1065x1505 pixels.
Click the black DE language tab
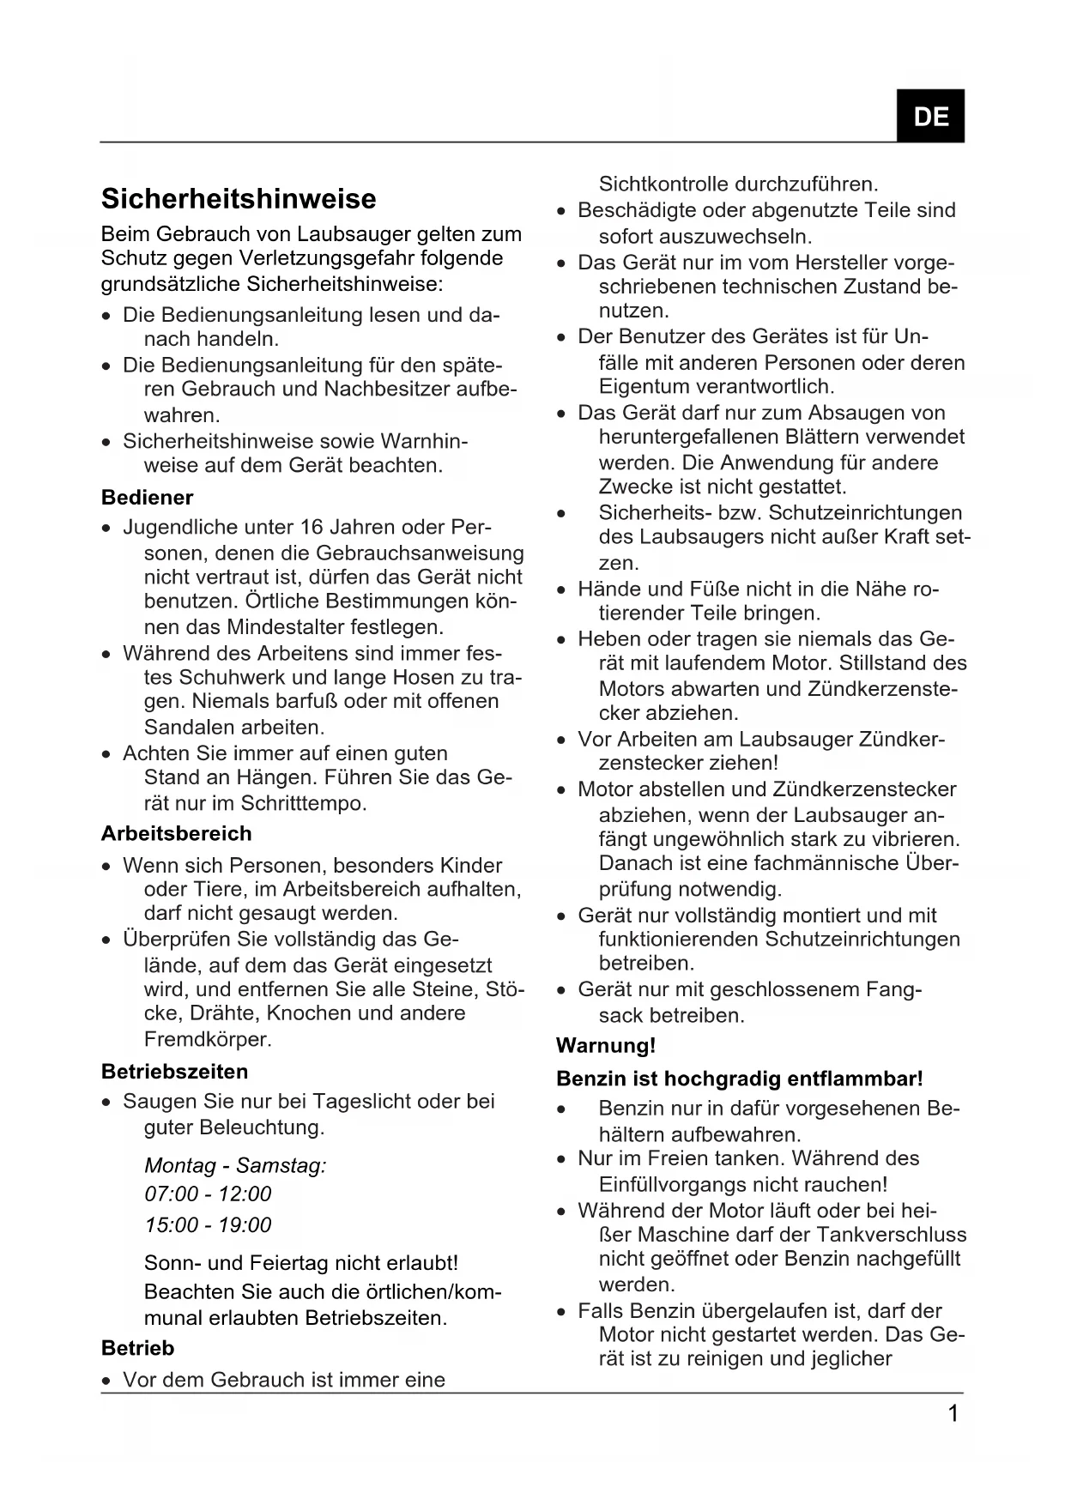pos(930,116)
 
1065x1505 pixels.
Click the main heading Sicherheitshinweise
pos(239,199)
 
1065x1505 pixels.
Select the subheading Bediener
pos(147,498)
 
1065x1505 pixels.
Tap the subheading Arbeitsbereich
pos(176,834)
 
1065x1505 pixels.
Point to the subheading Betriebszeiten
pos(174,1072)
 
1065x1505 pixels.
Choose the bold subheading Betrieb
pos(137,1348)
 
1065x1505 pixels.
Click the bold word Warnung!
pos(605,1046)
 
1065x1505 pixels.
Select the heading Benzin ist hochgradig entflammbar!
pos(739,1079)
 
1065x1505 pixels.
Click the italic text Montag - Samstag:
pos(235,1165)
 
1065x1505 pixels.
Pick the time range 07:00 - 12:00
pos(208,1194)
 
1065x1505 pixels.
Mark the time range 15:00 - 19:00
pos(208,1224)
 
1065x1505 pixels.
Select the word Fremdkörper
pos(207,1039)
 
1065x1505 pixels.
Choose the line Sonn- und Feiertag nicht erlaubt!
pos(301,1263)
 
